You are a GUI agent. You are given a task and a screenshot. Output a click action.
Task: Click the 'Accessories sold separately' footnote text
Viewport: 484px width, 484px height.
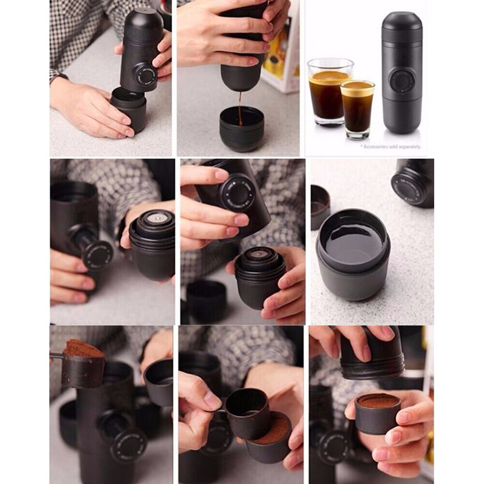click(392, 147)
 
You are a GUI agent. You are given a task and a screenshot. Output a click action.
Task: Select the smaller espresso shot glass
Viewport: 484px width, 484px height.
click(357, 109)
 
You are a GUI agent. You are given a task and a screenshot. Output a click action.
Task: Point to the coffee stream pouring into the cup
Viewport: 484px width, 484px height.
click(240, 109)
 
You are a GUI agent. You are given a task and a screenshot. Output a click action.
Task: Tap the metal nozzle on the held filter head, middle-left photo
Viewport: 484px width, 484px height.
click(157, 219)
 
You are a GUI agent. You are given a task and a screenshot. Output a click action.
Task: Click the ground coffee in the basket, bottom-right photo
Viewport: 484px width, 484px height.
click(378, 401)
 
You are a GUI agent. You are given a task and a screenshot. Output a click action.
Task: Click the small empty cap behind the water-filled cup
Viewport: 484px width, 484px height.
click(320, 207)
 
